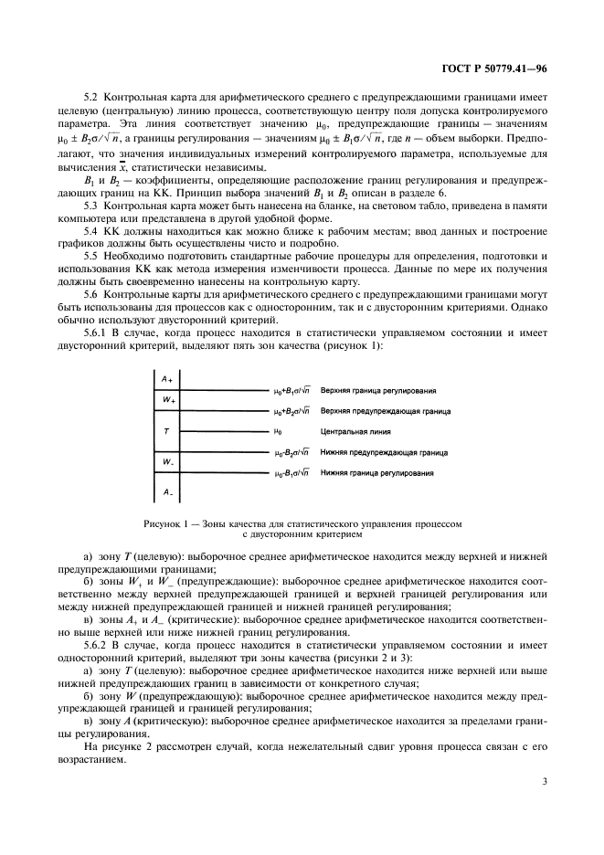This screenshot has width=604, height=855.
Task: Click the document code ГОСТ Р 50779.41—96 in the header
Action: pos(494,68)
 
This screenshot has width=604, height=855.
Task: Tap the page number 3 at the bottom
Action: pos(545,781)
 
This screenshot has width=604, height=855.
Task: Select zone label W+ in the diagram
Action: pos(168,401)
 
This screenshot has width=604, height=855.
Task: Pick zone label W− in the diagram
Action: pos(168,462)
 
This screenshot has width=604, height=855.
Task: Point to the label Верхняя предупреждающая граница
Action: pos(385,411)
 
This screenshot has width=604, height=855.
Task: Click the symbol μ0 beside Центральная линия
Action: pos(278,430)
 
